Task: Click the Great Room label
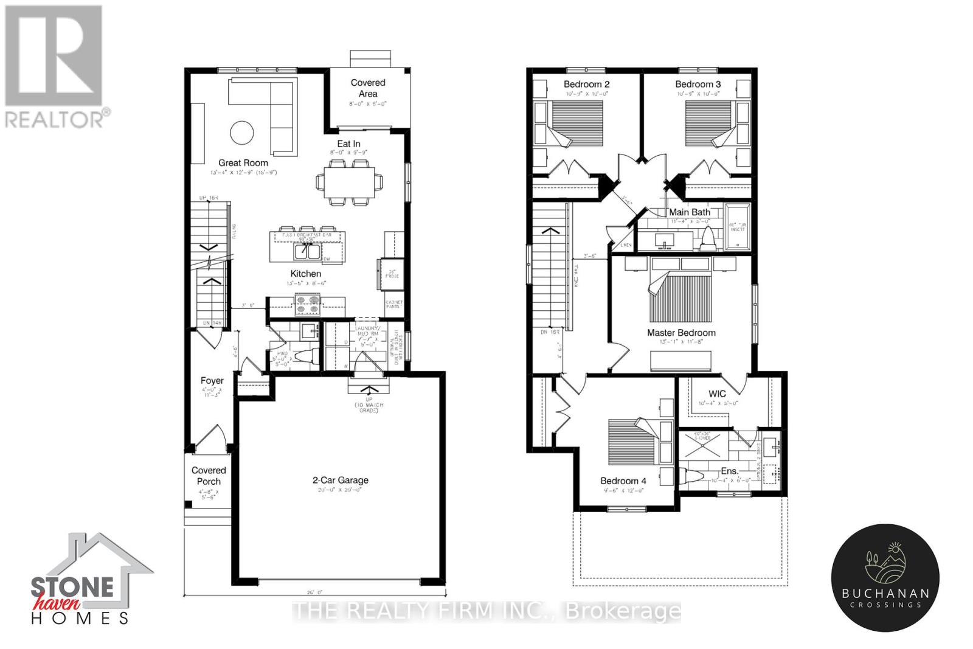coord(243,162)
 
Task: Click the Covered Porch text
coord(209,476)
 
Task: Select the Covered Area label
coord(368,88)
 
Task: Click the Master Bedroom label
coord(681,333)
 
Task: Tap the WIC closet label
coord(717,394)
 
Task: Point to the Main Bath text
coord(690,212)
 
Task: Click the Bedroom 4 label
coord(623,481)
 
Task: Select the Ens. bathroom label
coord(729,471)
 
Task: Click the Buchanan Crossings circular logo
coord(885,576)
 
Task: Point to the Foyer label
coord(212,381)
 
